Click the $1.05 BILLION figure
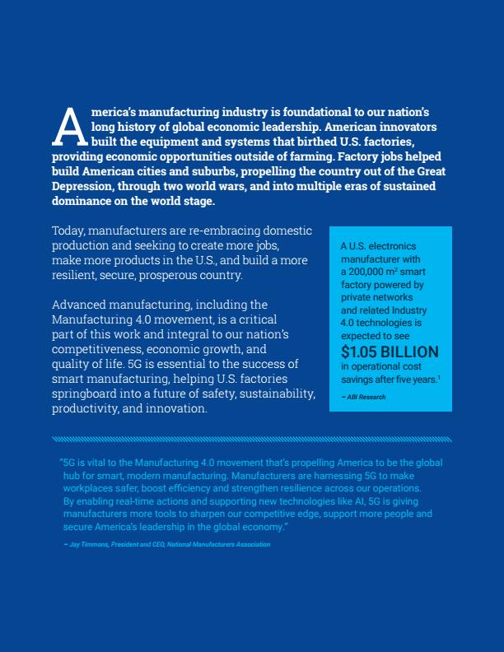click(x=390, y=352)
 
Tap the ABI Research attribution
click(x=365, y=397)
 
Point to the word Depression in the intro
click(x=83, y=187)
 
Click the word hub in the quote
click(x=71, y=476)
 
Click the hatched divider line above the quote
click(x=251, y=439)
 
